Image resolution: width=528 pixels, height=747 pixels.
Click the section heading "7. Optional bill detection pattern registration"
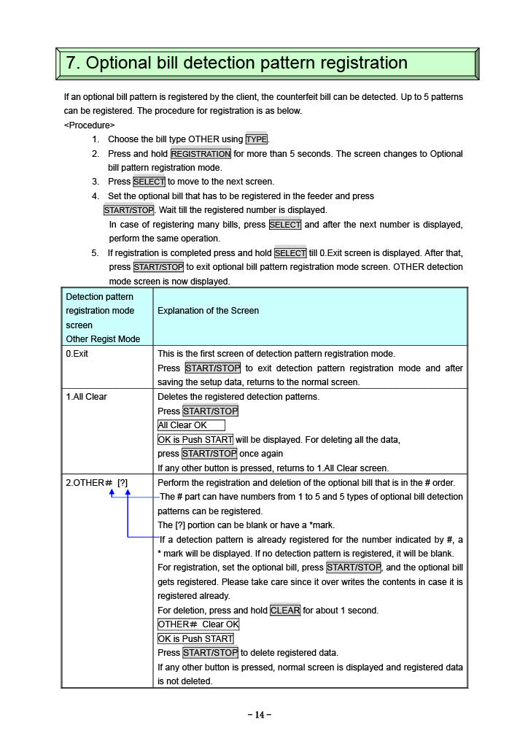tap(237, 63)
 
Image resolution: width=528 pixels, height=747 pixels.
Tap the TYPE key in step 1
tap(257, 139)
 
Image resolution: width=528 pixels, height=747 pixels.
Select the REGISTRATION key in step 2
tap(201, 154)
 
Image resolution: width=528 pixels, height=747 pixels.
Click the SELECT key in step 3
tap(149, 182)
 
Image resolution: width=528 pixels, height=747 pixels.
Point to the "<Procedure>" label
tap(90, 125)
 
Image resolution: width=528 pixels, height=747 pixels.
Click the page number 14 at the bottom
tap(260, 715)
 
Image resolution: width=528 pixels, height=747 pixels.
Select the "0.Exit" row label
tap(77, 354)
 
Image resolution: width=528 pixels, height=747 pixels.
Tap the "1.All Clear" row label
tap(87, 397)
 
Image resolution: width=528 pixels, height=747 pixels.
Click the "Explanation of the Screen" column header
tap(208, 311)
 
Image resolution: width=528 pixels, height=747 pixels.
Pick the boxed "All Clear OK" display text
tap(191, 425)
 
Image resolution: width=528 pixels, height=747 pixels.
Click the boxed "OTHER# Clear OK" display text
tap(198, 624)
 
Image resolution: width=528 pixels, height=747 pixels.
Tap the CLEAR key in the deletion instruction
tap(284, 611)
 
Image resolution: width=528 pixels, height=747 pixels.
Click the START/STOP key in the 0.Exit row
tap(212, 368)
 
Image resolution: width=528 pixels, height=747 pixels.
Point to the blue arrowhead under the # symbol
tap(112, 494)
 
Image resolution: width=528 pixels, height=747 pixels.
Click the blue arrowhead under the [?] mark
tap(128, 494)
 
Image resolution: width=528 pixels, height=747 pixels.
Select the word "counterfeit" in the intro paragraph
tap(294, 96)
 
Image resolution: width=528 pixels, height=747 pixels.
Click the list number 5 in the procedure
tap(94, 253)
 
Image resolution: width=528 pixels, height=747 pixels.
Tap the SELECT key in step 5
tap(290, 253)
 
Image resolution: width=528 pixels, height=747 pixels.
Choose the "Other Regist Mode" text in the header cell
tap(103, 339)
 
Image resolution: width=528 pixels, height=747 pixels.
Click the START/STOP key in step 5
tap(158, 268)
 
